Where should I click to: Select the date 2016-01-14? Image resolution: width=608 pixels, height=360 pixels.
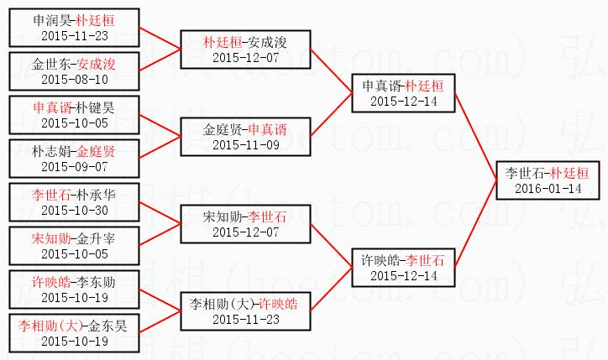[x=544, y=189]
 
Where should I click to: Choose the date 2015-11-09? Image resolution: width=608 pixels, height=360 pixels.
[x=244, y=145]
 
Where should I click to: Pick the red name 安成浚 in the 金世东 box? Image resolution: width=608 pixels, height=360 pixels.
[x=97, y=64]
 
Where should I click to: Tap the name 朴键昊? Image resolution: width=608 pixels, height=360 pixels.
[x=96, y=108]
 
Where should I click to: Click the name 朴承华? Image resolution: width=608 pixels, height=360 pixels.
[x=97, y=196]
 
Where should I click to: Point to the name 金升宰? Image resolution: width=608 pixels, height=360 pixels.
[x=97, y=239]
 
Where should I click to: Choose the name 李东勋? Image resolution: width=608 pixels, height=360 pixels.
[x=97, y=283]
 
